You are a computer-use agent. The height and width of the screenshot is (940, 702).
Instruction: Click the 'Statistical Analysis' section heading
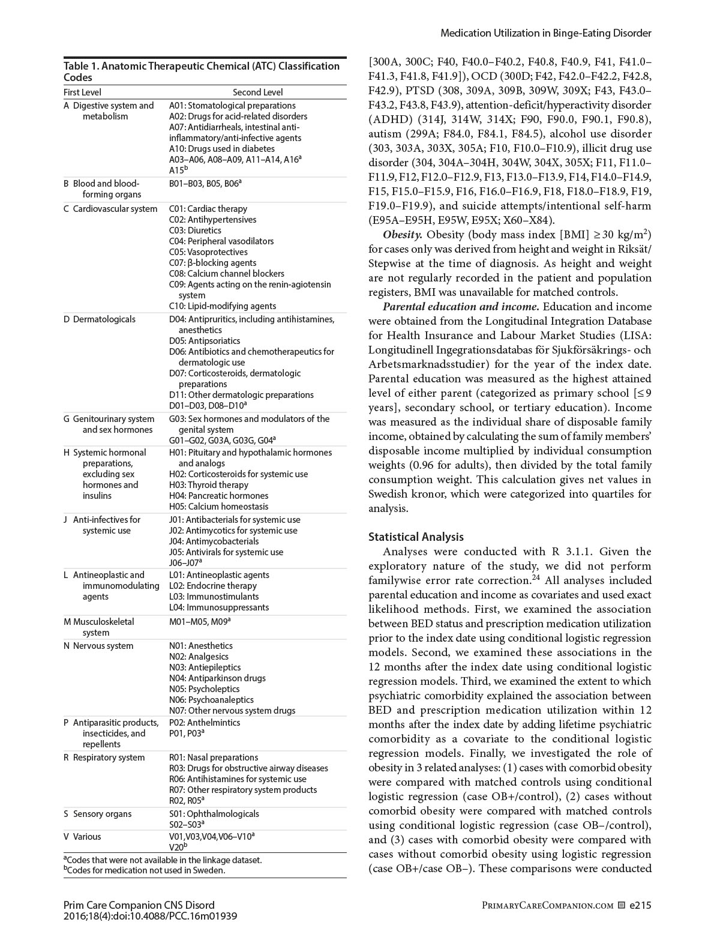[416, 537]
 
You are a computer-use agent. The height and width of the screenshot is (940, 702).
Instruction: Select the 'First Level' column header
[83, 92]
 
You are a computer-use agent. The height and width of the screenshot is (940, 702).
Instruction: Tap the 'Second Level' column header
[257, 92]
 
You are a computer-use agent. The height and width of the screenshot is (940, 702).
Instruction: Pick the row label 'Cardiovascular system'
[115, 209]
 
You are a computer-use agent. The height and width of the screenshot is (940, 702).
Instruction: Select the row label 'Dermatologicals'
[104, 319]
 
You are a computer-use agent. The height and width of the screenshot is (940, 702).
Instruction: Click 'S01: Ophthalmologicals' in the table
[214, 814]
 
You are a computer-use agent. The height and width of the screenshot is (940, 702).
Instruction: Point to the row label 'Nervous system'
[103, 646]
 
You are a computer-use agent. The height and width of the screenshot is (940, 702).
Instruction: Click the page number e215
[640, 905]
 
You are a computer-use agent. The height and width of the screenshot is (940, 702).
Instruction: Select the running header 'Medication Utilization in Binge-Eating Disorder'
[545, 34]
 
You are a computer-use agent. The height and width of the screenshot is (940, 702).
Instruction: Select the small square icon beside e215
[622, 905]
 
